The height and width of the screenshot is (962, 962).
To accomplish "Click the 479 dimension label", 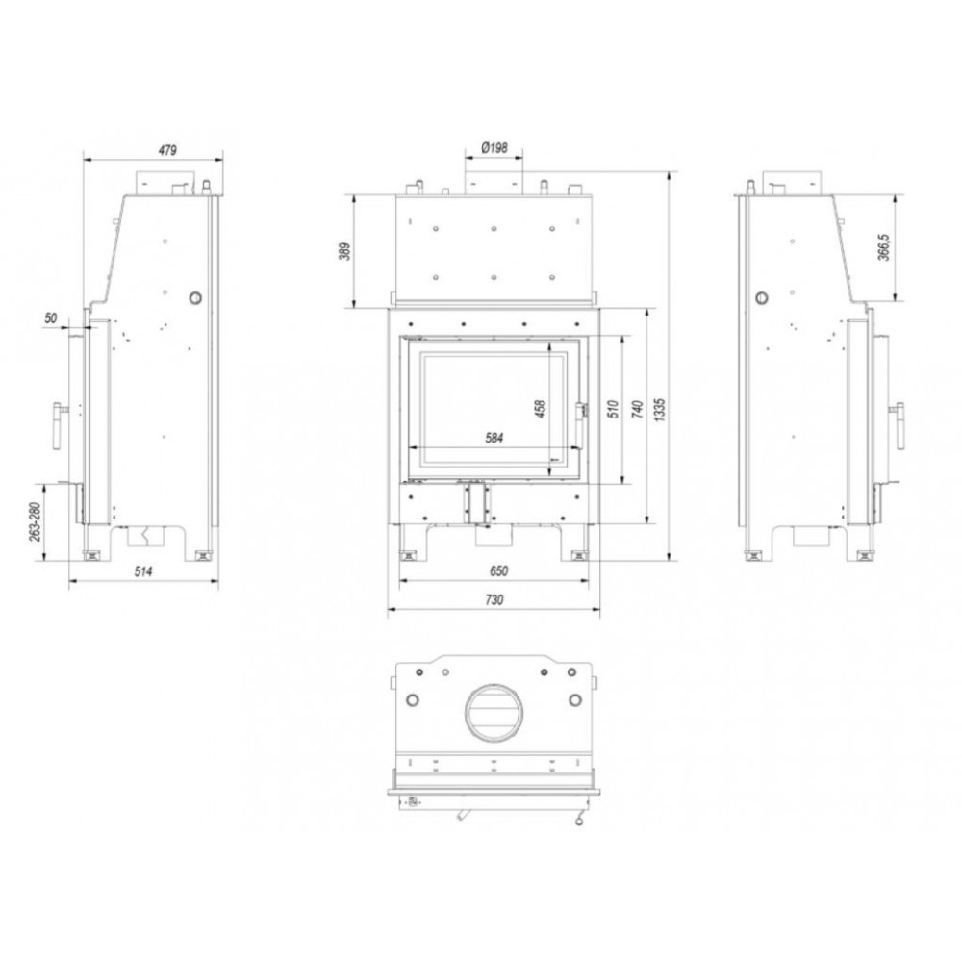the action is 167,150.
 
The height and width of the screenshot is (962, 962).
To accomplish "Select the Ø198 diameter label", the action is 494,148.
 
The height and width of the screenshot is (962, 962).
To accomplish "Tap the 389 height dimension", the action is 344,251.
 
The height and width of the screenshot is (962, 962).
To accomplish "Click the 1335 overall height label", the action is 660,409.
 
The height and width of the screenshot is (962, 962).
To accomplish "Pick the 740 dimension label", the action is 638,409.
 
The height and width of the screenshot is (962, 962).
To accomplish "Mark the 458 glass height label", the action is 541,409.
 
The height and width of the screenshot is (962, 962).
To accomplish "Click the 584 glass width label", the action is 494,438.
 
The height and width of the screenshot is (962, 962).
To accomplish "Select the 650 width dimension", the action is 498,571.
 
